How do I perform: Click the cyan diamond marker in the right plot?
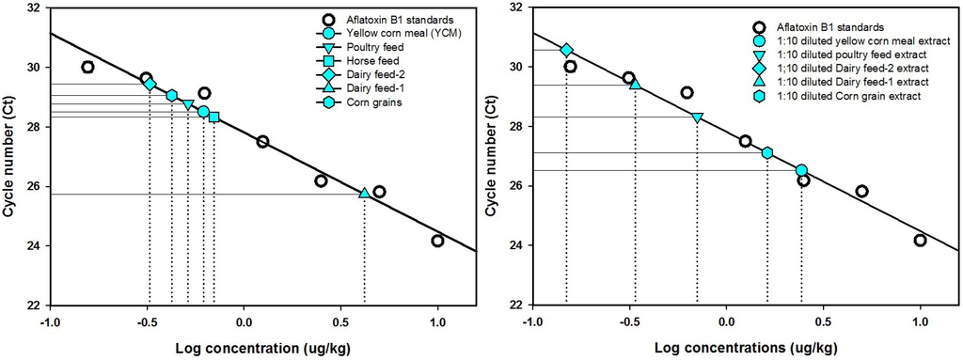(x=566, y=50)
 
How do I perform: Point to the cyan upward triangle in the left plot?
(x=364, y=193)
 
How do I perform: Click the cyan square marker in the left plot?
(x=213, y=117)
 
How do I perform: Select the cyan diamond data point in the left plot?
(x=150, y=84)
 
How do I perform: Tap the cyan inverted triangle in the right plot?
(x=697, y=117)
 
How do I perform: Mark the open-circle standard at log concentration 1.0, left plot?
(x=437, y=241)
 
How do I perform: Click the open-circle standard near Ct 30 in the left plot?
(x=87, y=67)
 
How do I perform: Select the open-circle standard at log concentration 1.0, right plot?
(x=920, y=241)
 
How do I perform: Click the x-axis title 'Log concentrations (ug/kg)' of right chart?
(x=726, y=348)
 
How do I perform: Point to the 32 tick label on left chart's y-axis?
(x=29, y=8)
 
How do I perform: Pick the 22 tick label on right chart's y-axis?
(x=513, y=305)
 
